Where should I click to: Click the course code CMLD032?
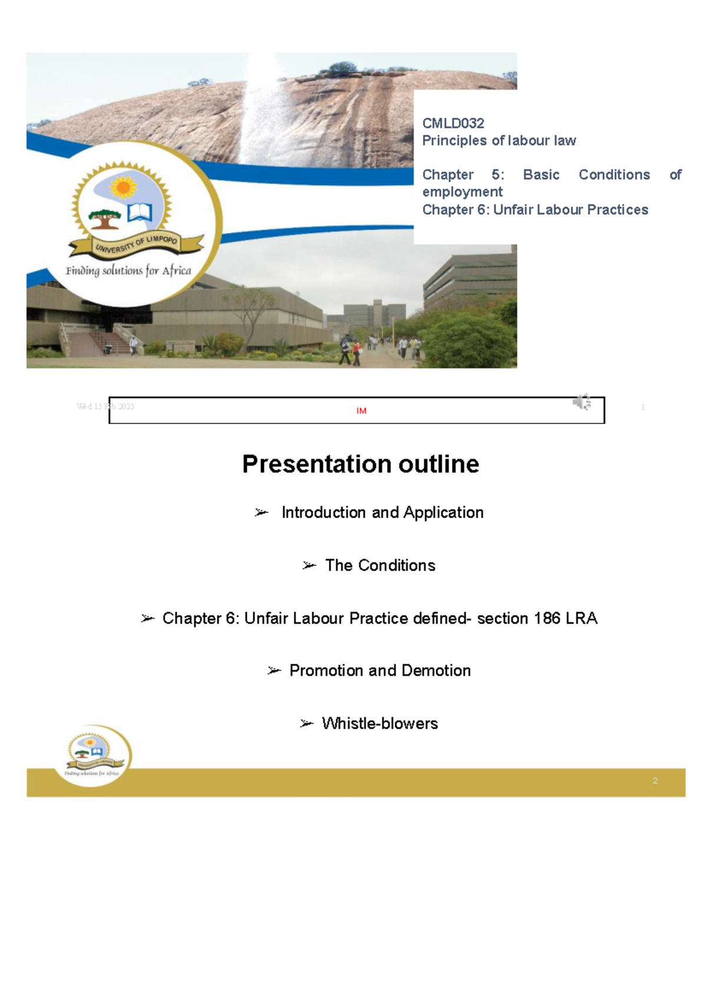tap(453, 124)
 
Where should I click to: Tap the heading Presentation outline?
tap(361, 464)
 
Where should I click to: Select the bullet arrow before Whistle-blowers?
tap(306, 723)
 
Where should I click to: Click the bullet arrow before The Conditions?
tap(309, 565)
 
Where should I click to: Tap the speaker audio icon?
tap(582, 402)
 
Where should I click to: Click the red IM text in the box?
tap(361, 411)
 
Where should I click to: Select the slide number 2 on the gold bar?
tap(655, 781)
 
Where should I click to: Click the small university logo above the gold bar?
tap(92, 755)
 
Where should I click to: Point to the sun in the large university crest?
tap(123, 188)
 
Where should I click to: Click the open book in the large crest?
tap(140, 211)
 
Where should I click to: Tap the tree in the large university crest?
tap(104, 218)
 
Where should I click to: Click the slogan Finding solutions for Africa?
tap(128, 271)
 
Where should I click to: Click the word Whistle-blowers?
tap(379, 723)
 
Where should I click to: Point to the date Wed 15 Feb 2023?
tap(105, 406)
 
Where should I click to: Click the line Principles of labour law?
tap(499, 141)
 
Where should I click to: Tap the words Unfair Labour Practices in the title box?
tap(570, 210)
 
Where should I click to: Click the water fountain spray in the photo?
tap(262, 112)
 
